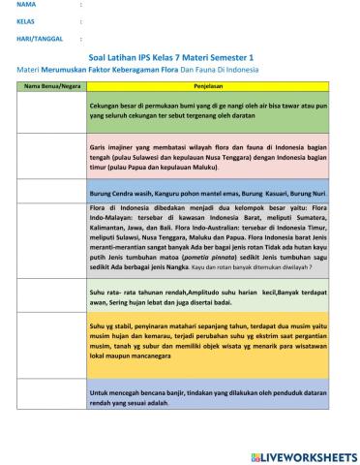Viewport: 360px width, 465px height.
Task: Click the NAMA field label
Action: pyautogui.click(x=26, y=5)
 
